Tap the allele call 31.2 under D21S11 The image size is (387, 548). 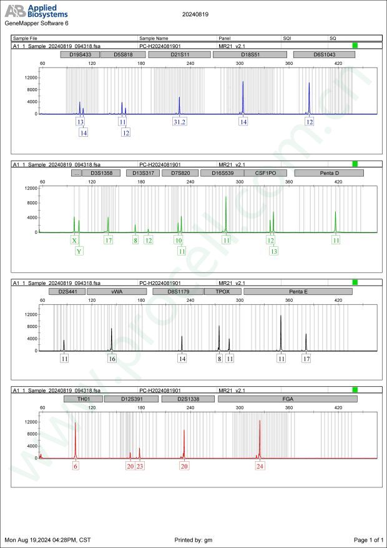point(180,122)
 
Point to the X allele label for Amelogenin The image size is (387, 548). point(74,241)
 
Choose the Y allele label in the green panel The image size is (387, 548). point(79,251)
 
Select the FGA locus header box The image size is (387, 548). point(288,398)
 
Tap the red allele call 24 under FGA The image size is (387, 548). point(260,466)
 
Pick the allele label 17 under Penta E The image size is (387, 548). point(306,359)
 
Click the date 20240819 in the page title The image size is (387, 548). point(195,14)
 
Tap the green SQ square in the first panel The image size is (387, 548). point(355,46)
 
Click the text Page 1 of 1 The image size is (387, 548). point(368,539)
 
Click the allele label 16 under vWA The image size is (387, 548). point(112,359)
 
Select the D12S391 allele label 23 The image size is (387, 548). point(140,466)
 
